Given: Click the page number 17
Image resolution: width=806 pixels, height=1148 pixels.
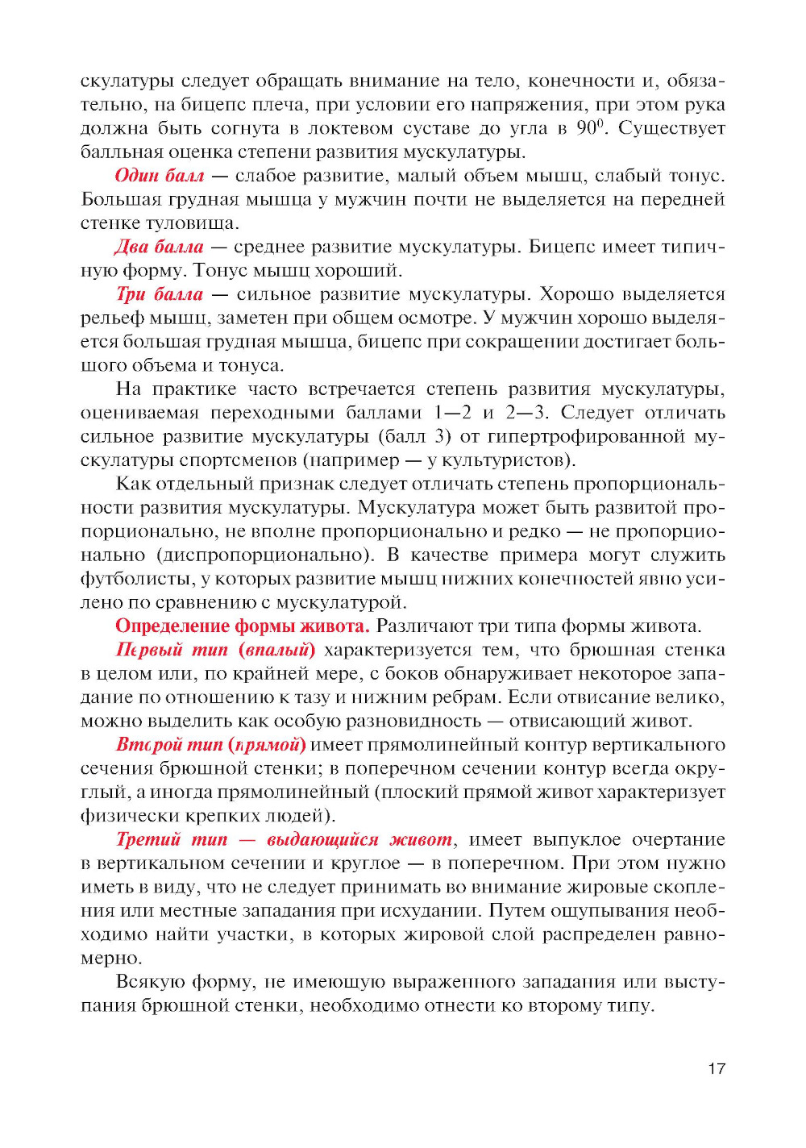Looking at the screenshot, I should pyautogui.click(x=717, y=1069).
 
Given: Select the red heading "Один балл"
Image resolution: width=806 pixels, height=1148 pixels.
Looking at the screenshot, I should pyautogui.click(x=159, y=176).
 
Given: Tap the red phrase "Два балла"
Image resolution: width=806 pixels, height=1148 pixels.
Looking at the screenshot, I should pyautogui.click(x=159, y=247).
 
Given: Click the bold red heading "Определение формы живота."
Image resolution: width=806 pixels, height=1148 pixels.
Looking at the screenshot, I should pyautogui.click(x=242, y=626).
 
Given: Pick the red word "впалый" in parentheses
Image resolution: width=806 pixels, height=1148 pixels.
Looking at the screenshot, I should pyautogui.click(x=276, y=650).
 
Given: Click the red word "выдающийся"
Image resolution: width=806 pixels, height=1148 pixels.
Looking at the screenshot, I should pyautogui.click(x=322, y=840).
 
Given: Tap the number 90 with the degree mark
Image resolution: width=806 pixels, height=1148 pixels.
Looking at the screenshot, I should pyautogui.click(x=588, y=128).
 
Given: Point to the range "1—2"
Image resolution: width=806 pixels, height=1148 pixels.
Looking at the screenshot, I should pyautogui.click(x=452, y=413).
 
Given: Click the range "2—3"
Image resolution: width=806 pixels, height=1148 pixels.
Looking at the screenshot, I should pyautogui.click(x=527, y=413).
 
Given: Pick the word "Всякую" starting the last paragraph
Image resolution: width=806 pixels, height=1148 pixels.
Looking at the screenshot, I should pyautogui.click(x=146, y=982).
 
